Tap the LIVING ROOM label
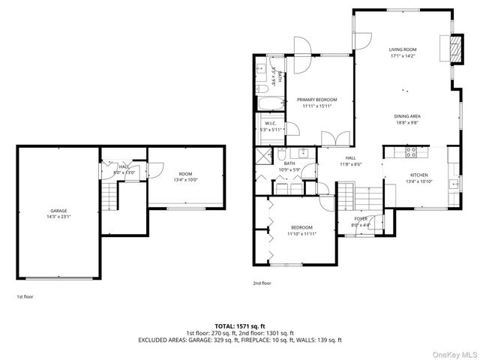pyautogui.click(x=403, y=49)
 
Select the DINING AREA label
pyautogui.click(x=407, y=116)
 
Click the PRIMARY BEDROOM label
pyautogui.click(x=316, y=100)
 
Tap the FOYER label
pyautogui.click(x=361, y=218)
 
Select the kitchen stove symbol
pyautogui.click(x=412, y=151)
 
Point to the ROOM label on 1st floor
pyautogui.click(x=185, y=174)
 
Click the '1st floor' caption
pyautogui.click(x=25, y=296)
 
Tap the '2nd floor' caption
pyautogui.click(x=262, y=283)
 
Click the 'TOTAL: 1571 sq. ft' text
pyautogui.click(x=240, y=326)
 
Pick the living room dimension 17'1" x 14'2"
pyautogui.click(x=403, y=55)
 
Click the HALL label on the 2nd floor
pyautogui.click(x=350, y=158)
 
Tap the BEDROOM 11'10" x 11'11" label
pyautogui.click(x=302, y=227)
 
